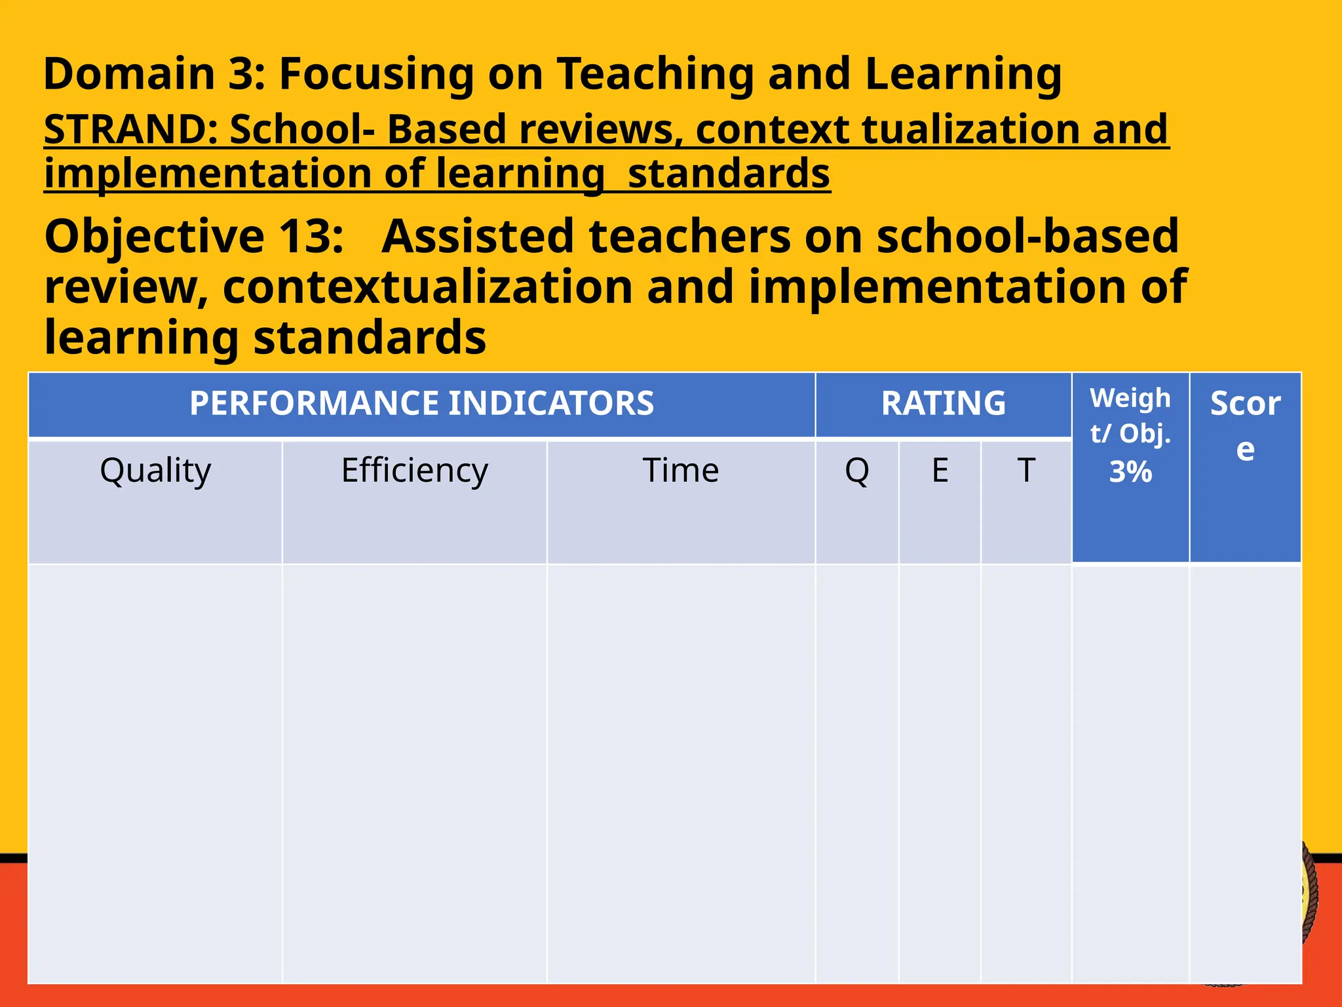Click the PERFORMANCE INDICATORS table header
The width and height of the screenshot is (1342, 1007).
[x=421, y=403]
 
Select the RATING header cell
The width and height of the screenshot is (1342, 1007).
[x=943, y=403]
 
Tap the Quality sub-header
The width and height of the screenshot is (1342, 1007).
[x=155, y=470]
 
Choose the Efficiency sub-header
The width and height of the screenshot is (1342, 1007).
[x=415, y=470]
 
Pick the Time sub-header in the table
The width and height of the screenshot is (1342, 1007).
[x=681, y=470]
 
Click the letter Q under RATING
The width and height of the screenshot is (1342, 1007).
[x=857, y=470]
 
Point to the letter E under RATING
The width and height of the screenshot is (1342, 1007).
[x=940, y=470]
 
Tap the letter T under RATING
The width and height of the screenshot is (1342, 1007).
[x=1026, y=470]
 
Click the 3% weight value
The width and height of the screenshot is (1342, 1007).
[x=1130, y=472]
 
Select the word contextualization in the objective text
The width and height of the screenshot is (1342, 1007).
[x=428, y=287]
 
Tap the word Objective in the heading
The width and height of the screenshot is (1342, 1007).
[x=154, y=236]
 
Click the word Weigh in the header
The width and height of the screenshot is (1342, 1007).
[x=1130, y=398]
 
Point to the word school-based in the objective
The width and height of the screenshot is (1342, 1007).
[x=1027, y=236]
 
